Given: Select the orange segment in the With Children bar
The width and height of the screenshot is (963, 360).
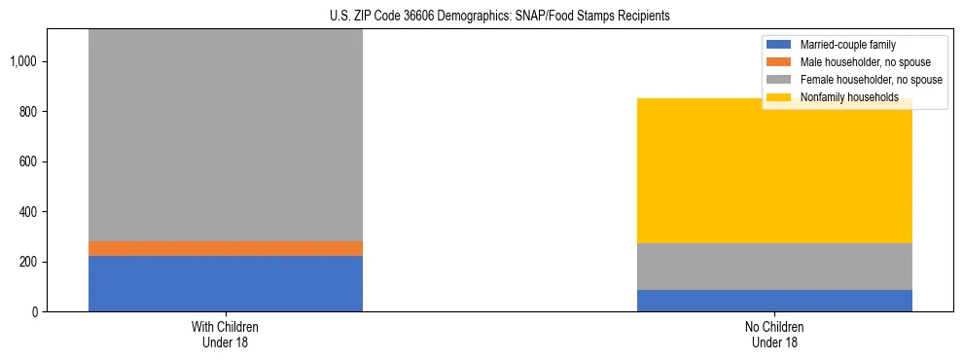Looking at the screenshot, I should pos(226,248).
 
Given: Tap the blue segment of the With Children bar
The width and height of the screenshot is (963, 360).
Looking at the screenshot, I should pos(226,283).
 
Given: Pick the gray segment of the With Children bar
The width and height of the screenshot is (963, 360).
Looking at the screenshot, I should pos(226,135).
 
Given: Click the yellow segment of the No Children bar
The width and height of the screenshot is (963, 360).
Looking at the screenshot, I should pos(774,171).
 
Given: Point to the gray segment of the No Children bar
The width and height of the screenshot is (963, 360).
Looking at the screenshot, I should pos(774,267).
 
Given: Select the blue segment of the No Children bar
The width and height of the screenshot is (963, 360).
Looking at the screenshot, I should pos(774,301).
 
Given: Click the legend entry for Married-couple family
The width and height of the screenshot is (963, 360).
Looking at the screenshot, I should pos(847,45).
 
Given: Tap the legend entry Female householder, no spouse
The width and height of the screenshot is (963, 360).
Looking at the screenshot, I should pos(871,80).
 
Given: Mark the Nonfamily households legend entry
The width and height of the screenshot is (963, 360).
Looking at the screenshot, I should pos(849,97).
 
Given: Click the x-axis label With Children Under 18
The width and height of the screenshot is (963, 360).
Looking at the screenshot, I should pos(226,334).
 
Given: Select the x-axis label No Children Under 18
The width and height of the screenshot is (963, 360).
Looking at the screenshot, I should pos(774,334).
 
